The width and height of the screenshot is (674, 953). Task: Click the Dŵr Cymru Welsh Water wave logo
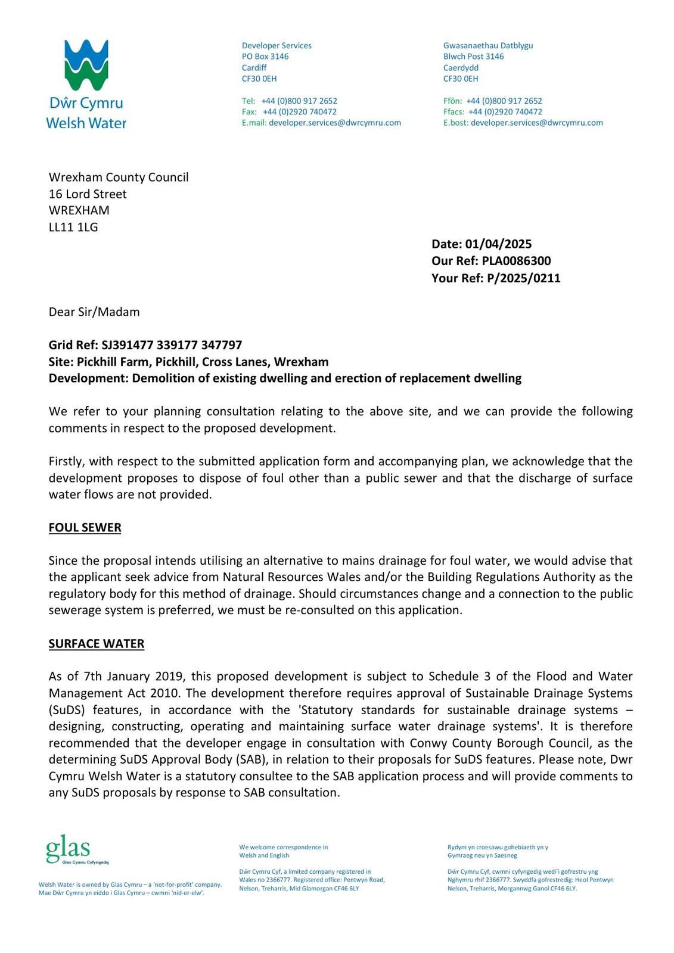coord(86,66)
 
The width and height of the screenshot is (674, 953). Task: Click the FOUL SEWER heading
coord(85,528)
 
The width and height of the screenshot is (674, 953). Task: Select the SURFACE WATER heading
coord(96,644)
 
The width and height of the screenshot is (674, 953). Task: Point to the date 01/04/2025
coord(498,244)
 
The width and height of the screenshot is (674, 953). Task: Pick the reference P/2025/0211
coord(523,278)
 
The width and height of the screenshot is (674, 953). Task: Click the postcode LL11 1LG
coord(73,227)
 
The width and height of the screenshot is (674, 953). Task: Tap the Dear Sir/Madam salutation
coord(94,312)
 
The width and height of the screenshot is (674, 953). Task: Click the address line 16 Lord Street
coord(88,194)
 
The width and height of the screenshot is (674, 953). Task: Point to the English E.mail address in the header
coord(334,123)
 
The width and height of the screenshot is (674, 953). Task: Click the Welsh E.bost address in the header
coord(536,123)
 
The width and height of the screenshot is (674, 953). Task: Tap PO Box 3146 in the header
coord(265,57)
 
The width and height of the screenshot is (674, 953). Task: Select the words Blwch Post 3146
coord(473,57)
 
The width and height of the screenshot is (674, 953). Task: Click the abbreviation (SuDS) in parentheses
coord(67,710)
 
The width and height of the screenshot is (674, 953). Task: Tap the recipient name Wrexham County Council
coord(119,177)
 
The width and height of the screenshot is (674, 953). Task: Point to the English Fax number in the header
coord(299,112)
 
